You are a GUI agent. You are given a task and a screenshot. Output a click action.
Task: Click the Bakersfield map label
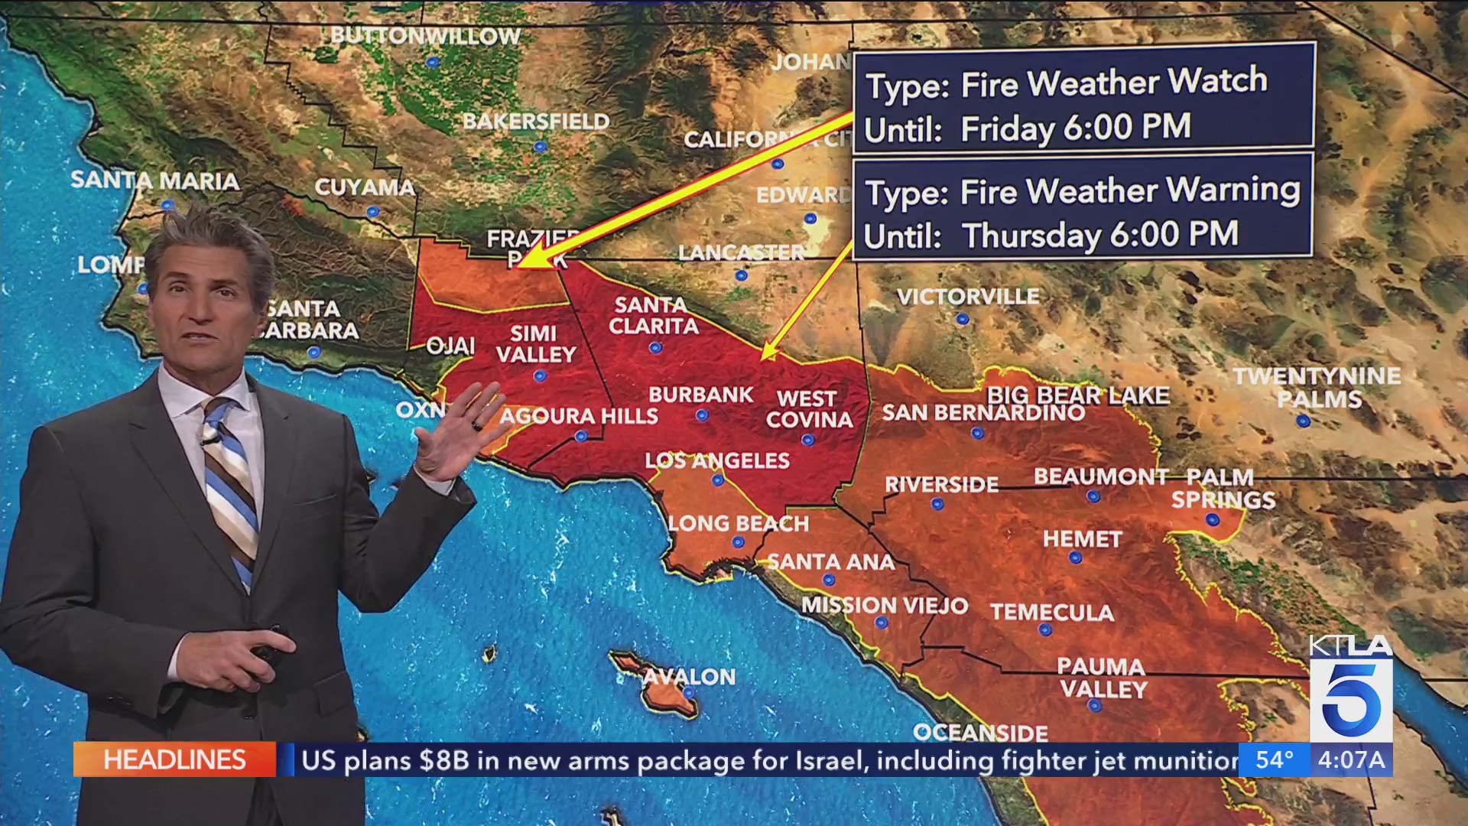point(536,122)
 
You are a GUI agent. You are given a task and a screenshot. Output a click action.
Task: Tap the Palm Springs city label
point(1223,488)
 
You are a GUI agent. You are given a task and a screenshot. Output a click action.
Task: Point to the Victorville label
point(968,297)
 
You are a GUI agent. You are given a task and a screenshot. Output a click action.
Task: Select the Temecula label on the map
point(1052,613)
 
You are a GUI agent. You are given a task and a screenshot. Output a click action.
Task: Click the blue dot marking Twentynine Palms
point(1303,421)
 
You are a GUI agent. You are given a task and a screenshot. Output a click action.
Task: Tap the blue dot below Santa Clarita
point(655,348)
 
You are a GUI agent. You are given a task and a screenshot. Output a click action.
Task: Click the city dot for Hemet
point(1076,558)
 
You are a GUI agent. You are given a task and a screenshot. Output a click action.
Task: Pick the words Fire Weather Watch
point(1113,83)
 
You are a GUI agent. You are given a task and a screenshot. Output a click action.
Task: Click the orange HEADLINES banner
point(174,759)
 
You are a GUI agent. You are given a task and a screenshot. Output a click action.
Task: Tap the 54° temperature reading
point(1274,759)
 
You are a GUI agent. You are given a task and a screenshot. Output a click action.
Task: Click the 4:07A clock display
point(1351,759)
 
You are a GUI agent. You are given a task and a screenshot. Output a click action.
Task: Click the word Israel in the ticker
point(830,760)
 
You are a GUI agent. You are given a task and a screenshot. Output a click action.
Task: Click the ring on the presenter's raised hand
point(476,425)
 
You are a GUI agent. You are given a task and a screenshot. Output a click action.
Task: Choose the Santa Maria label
point(155,180)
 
